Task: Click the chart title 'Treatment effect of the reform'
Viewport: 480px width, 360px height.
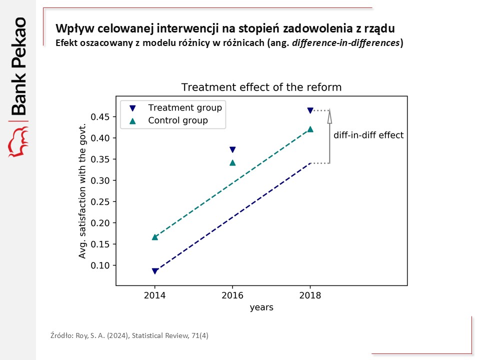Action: (261, 87)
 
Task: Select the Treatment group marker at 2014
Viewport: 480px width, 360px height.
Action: (155, 271)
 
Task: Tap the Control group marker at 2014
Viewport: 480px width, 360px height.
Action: (155, 237)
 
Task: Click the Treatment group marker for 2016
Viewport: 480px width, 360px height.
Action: (232, 149)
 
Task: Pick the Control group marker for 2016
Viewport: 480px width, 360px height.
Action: (232, 162)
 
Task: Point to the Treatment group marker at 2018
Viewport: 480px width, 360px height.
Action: (310, 110)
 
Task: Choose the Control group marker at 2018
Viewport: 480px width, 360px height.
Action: (310, 129)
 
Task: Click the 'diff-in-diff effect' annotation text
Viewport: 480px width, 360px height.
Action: (368, 135)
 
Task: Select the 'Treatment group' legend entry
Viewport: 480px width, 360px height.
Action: (184, 107)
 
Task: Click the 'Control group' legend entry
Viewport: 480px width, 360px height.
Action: (177, 120)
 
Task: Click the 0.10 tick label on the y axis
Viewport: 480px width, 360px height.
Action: (101, 265)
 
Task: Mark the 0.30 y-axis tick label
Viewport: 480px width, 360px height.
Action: (101, 180)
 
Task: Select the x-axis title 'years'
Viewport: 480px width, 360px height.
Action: (261, 307)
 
